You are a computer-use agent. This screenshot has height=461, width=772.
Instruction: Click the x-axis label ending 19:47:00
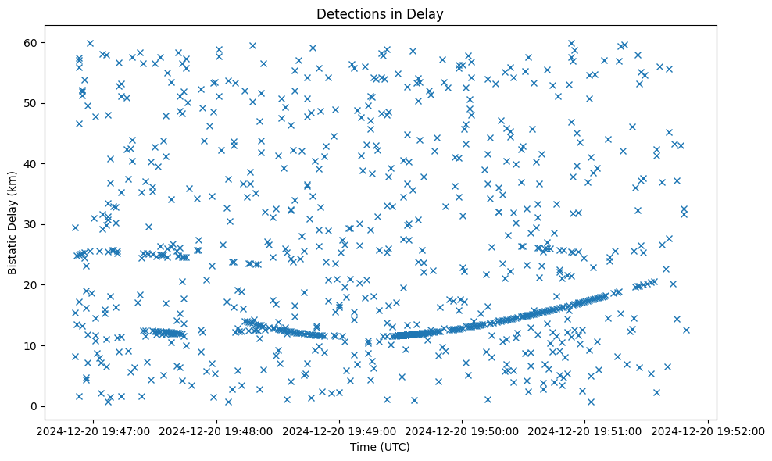click(94, 431)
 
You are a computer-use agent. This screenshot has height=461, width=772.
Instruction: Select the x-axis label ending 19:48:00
click(216, 431)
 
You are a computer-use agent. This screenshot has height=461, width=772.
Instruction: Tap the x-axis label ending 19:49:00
click(340, 431)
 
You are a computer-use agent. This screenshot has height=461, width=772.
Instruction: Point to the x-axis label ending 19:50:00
click(463, 431)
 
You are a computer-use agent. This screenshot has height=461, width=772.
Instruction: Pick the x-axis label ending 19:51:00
click(585, 431)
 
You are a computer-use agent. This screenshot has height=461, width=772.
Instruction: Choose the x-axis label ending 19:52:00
click(708, 431)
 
